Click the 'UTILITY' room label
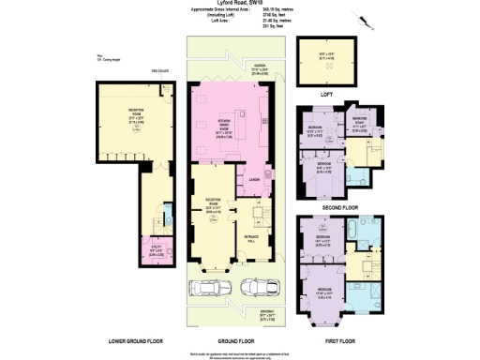(156, 248)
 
